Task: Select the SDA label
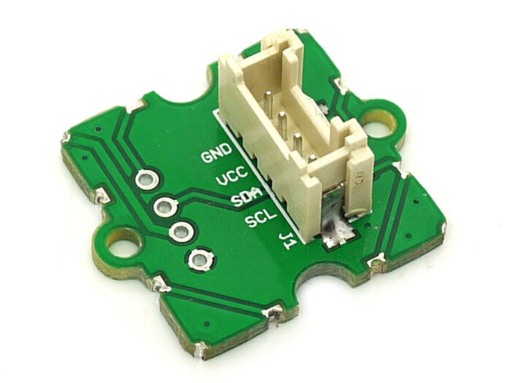247,198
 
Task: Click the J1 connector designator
286,240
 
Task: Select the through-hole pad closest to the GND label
147,179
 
